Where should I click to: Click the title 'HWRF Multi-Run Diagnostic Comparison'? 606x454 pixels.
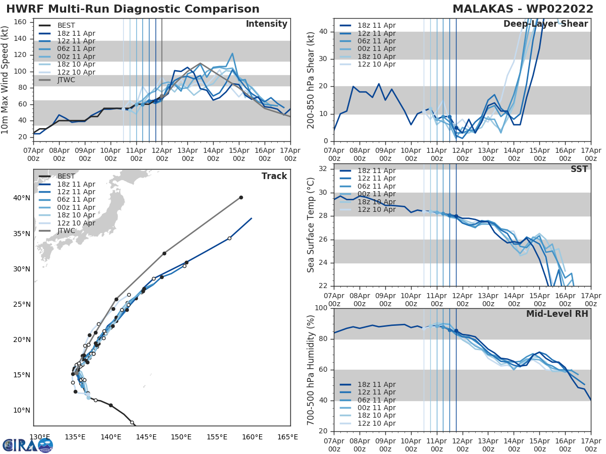coord(133,9)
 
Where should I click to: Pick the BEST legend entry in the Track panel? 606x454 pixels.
coord(66,177)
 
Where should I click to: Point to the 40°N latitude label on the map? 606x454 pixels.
coord(21,198)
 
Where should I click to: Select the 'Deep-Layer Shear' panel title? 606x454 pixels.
coord(545,24)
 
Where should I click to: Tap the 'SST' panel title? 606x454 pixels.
coord(579,169)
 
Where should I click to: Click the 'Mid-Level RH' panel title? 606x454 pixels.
coord(557,314)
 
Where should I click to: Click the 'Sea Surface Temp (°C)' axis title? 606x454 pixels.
coord(311,224)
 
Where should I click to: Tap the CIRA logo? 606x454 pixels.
coord(28,445)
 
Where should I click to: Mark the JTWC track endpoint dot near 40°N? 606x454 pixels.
coord(241,197)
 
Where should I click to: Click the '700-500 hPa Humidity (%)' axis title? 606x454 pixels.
coord(311,369)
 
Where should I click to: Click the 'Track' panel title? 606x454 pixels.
coord(274,176)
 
